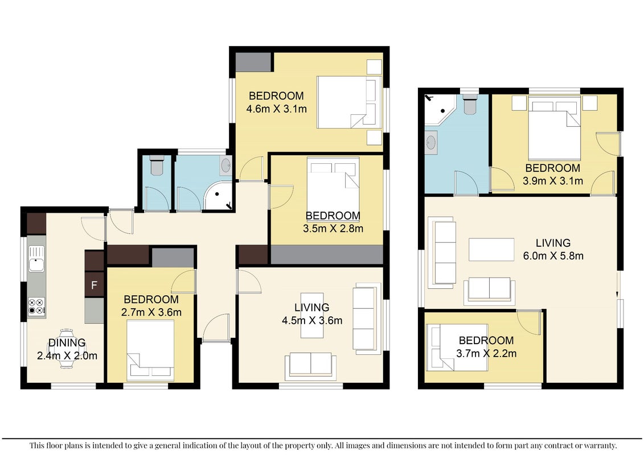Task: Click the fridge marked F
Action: [94, 284]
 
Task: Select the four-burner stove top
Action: [36, 307]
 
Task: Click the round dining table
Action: [67, 349]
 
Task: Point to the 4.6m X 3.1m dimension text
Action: [276, 109]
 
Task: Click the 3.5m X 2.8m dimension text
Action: [333, 229]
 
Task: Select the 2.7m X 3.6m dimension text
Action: [151, 312]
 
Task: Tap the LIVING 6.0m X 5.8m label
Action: [553, 249]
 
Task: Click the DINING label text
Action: [67, 342]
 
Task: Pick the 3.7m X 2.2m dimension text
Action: [486, 353]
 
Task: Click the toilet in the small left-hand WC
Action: [157, 164]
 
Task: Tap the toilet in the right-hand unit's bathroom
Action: [469, 104]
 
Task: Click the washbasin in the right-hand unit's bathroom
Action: [431, 143]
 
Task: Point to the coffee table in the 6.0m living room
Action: [491, 250]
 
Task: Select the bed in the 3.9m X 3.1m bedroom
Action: [554, 128]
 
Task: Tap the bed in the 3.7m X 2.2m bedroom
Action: [457, 347]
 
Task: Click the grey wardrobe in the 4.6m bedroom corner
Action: [253, 63]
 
